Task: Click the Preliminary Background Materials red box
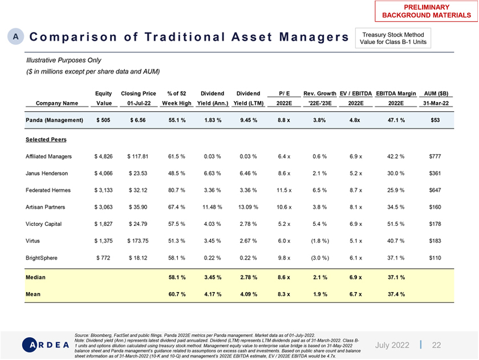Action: [x=426, y=10]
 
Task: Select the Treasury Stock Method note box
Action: [x=393, y=38]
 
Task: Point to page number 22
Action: [x=436, y=345]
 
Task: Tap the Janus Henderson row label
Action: [x=47, y=173]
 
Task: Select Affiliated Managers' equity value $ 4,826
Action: [x=103, y=156]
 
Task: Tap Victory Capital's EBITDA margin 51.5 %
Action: [x=396, y=224]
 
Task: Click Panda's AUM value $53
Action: [x=435, y=120]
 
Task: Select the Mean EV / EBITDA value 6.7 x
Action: [x=356, y=294]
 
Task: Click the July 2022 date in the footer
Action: [x=393, y=345]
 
